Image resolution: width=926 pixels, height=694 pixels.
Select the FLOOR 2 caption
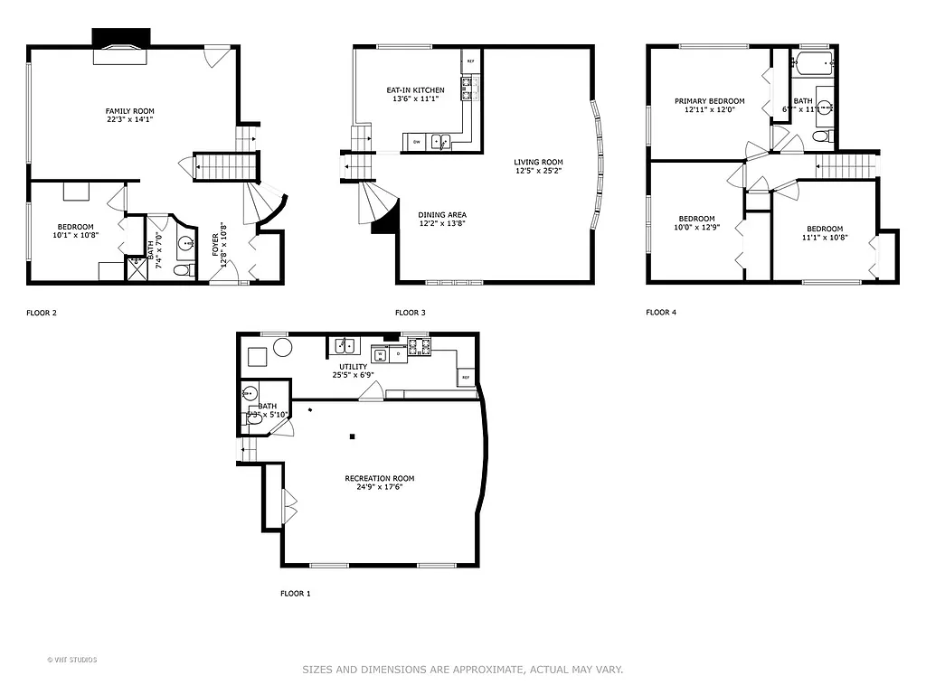tap(42, 314)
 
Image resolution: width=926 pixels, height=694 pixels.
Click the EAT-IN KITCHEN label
tap(415, 90)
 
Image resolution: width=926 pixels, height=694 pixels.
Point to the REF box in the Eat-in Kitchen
tap(469, 61)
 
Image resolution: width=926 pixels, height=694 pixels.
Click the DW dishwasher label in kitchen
tap(417, 142)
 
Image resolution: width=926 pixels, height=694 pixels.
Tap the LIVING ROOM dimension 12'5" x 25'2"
tap(539, 171)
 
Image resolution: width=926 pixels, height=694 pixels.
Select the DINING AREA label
tap(442, 215)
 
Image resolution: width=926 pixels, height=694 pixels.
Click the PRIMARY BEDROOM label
tap(709, 101)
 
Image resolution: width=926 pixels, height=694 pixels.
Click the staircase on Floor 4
tap(846, 166)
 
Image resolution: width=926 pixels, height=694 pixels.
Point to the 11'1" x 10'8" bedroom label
tap(824, 238)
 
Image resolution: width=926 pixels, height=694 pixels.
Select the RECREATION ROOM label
tap(379, 478)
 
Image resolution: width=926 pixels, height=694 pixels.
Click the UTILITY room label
tap(354, 367)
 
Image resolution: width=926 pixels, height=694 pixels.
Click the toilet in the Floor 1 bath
tap(252, 417)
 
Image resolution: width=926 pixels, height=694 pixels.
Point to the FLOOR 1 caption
tap(295, 594)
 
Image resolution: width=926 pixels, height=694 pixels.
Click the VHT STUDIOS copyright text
tap(73, 660)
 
